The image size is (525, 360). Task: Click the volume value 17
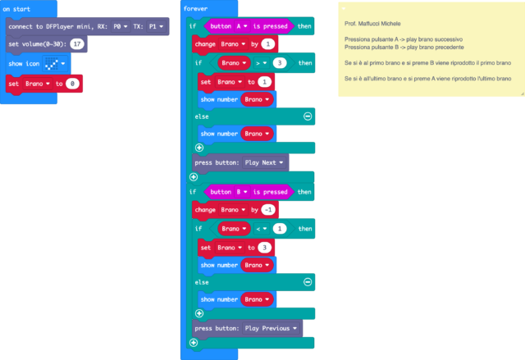point(76,44)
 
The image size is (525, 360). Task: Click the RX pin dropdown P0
point(121,26)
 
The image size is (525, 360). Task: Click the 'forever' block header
point(197,8)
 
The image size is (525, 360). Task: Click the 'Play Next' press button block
point(240,162)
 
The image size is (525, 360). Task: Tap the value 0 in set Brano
point(74,84)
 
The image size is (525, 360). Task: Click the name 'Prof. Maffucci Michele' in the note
point(372,23)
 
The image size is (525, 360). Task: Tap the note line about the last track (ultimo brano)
point(427,78)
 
